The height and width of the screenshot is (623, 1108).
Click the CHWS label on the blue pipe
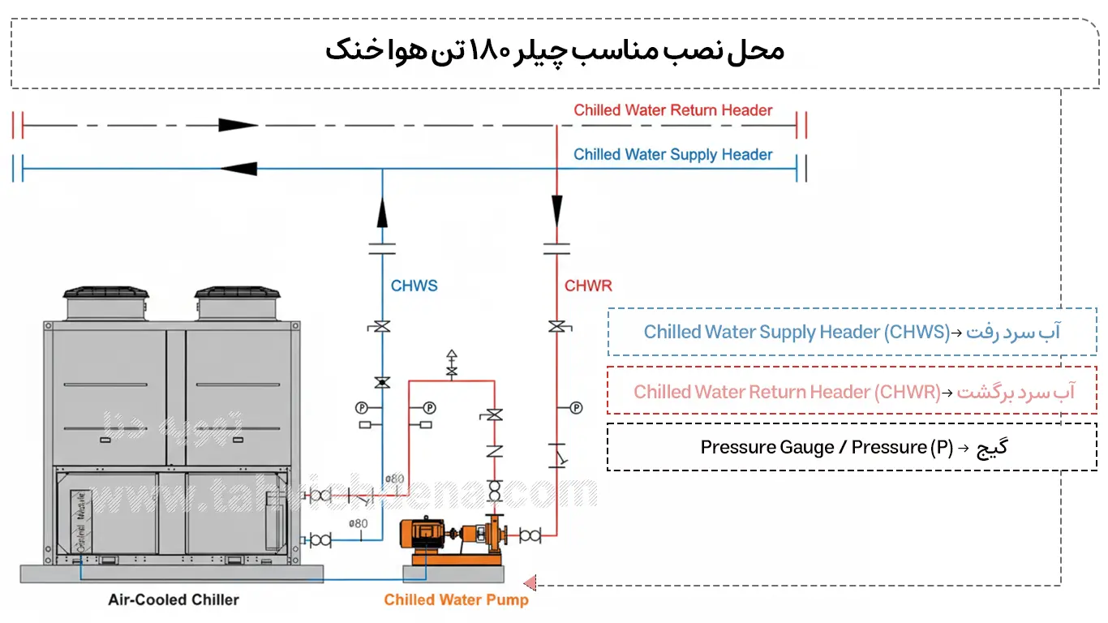(414, 286)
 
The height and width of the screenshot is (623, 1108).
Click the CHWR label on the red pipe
(588, 286)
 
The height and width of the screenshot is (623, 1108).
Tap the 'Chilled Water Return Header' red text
(672, 110)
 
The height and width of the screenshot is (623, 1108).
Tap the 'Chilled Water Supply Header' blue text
(672, 155)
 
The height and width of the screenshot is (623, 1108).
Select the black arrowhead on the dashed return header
(237, 126)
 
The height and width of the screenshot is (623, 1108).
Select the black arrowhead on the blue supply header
(238, 169)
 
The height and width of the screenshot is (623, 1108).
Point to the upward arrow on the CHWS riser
(382, 212)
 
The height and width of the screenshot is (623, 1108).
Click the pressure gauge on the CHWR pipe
(576, 407)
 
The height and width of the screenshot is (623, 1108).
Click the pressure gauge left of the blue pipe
(362, 407)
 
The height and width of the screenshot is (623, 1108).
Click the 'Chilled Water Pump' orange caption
(456, 600)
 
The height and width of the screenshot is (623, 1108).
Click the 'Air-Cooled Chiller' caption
(174, 600)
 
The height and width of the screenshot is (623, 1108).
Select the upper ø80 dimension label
(394, 479)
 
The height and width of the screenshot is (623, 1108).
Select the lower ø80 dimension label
(358, 523)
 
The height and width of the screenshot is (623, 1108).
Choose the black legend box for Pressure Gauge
(852, 447)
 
